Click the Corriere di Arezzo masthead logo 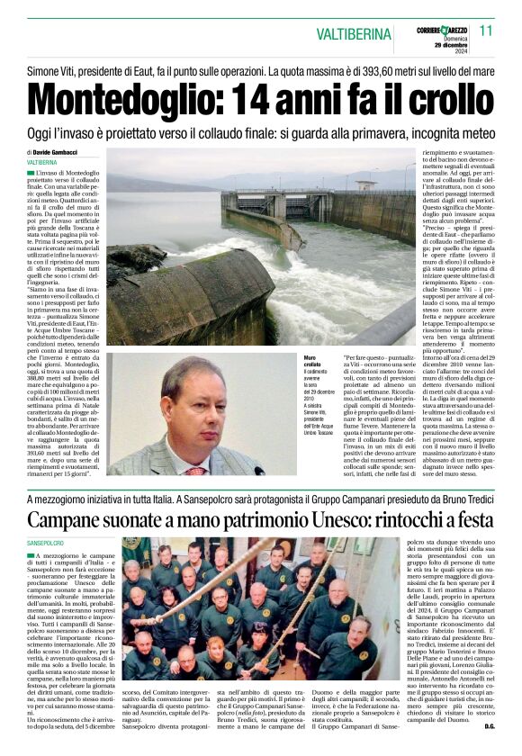coord(441,31)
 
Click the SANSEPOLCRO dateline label coord(47,544)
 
